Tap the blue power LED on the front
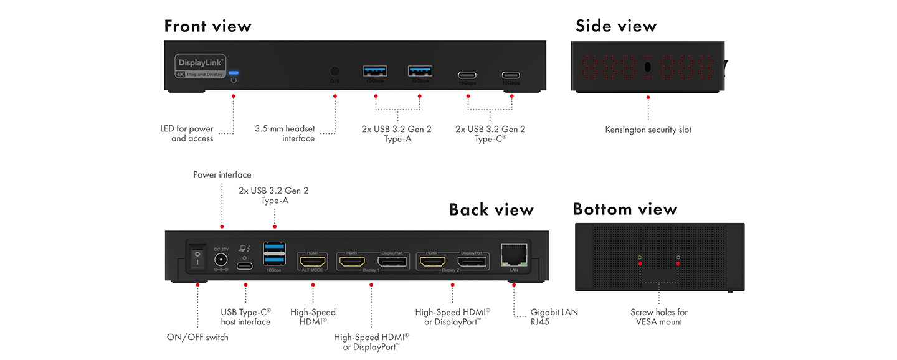pos(234,73)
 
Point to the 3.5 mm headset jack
pos(335,72)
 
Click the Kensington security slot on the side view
pos(648,67)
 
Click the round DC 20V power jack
pos(221,260)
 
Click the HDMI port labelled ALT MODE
pos(313,262)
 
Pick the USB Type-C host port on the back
pos(245,267)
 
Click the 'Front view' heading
pos(207,26)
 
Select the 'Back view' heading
pos(491,210)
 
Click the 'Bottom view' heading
pos(625,209)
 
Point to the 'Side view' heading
pos(616,26)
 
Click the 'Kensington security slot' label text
pos(648,130)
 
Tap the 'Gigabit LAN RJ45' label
pos(554,317)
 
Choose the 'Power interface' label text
pos(222,175)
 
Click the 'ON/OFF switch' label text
pos(197,337)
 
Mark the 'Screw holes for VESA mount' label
pos(659,317)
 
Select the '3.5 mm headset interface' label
pos(285,133)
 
